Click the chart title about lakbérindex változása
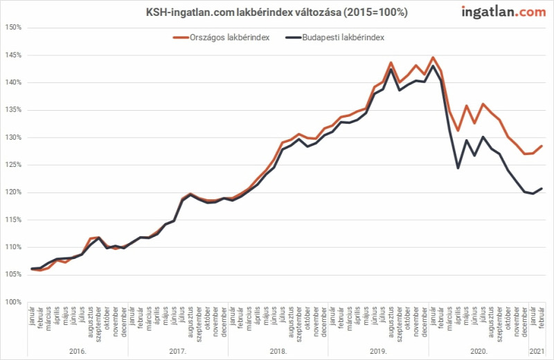pyautogui.click(x=276, y=12)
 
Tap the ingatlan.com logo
pyautogui.click(x=503, y=12)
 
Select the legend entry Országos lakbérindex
pyautogui.click(x=221, y=37)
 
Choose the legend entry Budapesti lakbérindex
pyautogui.click(x=335, y=37)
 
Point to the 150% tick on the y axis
pyautogui.click(x=13, y=28)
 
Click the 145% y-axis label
pyautogui.click(x=13, y=55)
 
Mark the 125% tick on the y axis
pyautogui.click(x=13, y=165)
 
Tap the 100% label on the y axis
pyautogui.click(x=13, y=302)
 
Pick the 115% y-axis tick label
pyautogui.click(x=13, y=219)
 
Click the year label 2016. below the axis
pyautogui.click(x=78, y=351)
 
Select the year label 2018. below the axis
pyautogui.click(x=278, y=351)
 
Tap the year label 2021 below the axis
pyautogui.click(x=537, y=351)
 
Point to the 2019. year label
pyautogui.click(x=378, y=351)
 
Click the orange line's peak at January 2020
pyautogui.click(x=433, y=57)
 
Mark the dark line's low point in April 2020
pyautogui.click(x=458, y=168)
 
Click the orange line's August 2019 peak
pyautogui.click(x=391, y=62)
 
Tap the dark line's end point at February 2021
pyautogui.click(x=542, y=188)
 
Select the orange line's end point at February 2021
pyautogui.click(x=542, y=146)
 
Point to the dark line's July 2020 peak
pyautogui.click(x=483, y=136)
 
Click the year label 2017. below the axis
pyautogui.click(x=178, y=351)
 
